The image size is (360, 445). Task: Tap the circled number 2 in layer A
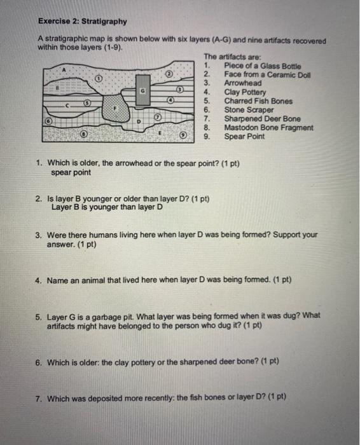(169, 74)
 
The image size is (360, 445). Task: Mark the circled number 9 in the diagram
(183, 135)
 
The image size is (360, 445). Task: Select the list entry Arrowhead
(242, 83)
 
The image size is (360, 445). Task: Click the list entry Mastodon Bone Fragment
(268, 127)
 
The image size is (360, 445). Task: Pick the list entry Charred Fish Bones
(258, 100)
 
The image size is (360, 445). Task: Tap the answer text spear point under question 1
(71, 172)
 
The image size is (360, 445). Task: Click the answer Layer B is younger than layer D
(107, 207)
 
